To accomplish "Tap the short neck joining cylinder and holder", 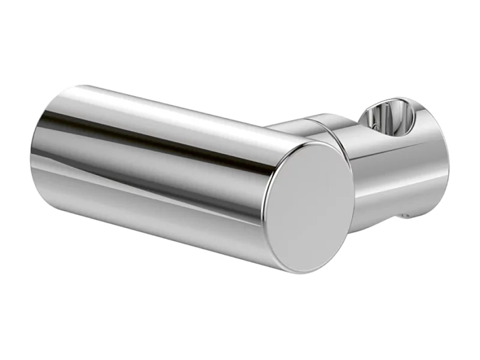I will coord(300,127).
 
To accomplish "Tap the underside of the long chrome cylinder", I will coord(150,222).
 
